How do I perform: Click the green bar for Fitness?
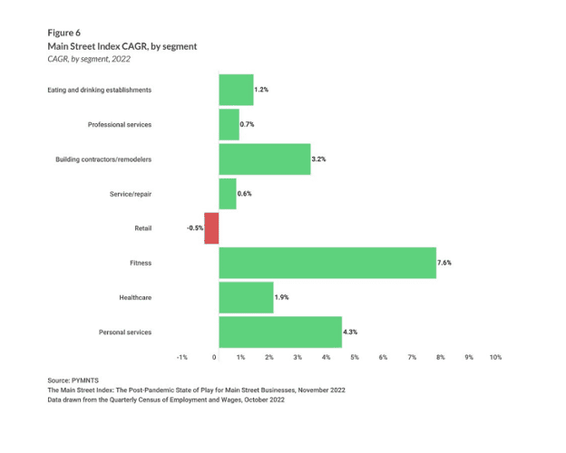(x=327, y=263)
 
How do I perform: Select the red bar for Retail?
(x=211, y=228)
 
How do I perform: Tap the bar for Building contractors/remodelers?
(x=264, y=159)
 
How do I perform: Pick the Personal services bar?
(x=279, y=333)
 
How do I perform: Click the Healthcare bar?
(x=246, y=297)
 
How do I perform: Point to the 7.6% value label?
(x=444, y=263)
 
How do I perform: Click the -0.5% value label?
(x=195, y=228)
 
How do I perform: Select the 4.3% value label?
(x=350, y=333)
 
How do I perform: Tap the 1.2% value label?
(x=261, y=90)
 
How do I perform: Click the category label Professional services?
(x=120, y=124)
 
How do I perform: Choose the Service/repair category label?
(x=130, y=194)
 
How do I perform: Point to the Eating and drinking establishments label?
(x=100, y=90)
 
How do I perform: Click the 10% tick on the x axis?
(x=495, y=358)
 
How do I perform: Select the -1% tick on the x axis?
(x=182, y=358)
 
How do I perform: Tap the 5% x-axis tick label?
(x=355, y=358)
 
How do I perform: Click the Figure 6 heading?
(x=64, y=32)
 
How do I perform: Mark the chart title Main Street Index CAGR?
(x=122, y=45)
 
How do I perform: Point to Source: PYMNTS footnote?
(x=74, y=381)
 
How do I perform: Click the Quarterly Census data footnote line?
(x=166, y=400)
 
